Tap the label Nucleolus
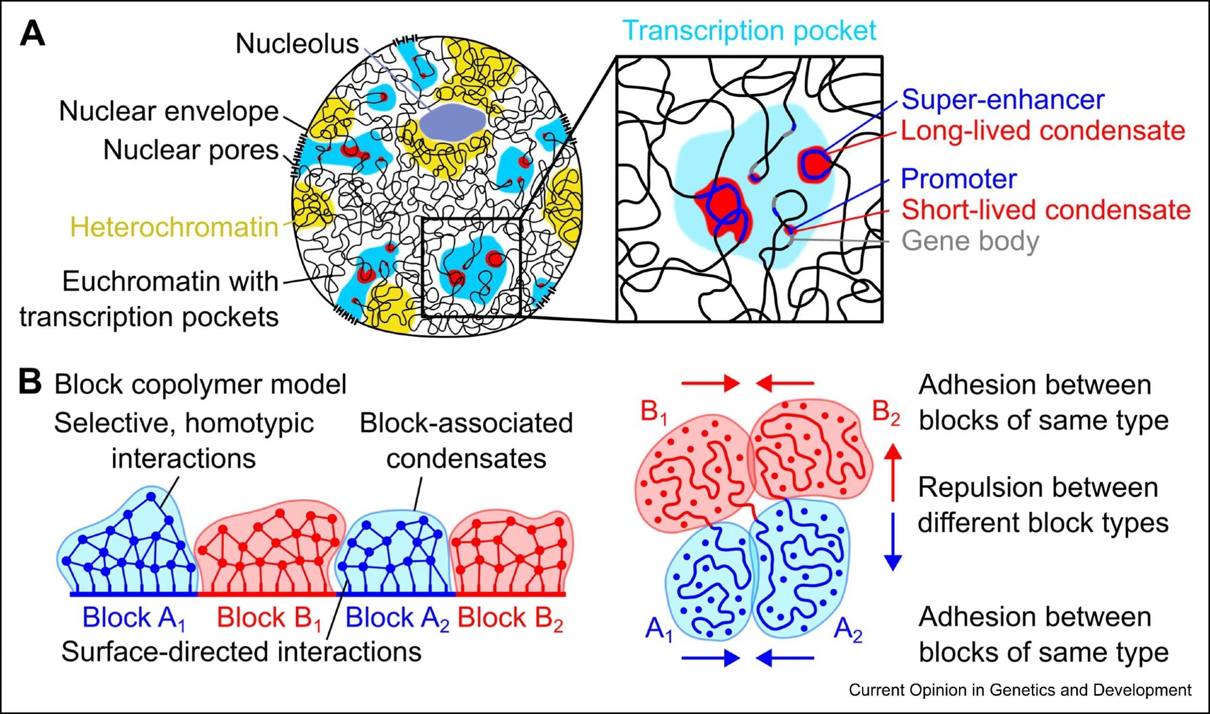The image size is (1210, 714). (x=297, y=44)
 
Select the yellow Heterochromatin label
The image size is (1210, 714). (x=174, y=228)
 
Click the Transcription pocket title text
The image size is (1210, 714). (x=749, y=31)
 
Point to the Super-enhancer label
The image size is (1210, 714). (x=1002, y=100)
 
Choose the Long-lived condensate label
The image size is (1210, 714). (x=1042, y=131)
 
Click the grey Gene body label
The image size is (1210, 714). (x=970, y=241)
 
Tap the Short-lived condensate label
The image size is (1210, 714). (x=1045, y=210)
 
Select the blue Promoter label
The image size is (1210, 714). (x=958, y=179)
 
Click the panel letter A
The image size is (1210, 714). (x=33, y=33)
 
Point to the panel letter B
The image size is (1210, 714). (x=30, y=382)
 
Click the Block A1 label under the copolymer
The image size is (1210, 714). (x=133, y=618)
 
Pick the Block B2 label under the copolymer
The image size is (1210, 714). (x=510, y=618)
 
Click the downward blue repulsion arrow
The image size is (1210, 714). (x=894, y=542)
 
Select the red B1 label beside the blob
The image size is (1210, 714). (x=654, y=413)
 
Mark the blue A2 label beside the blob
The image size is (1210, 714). (x=848, y=630)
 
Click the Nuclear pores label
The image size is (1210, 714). (x=191, y=150)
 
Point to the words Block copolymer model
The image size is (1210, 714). (x=200, y=385)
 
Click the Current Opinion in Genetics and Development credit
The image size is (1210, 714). (x=1019, y=690)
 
